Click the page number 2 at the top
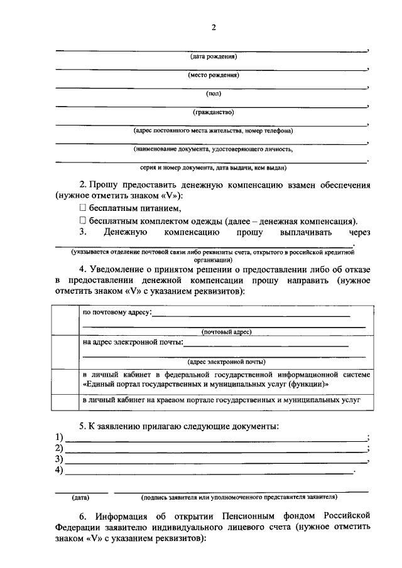click(213, 27)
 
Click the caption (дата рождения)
click(213, 56)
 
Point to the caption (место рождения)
click(213, 75)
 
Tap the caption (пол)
click(213, 94)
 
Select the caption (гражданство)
click(213, 112)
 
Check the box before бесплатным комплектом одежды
click(82, 221)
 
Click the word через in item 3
click(357, 233)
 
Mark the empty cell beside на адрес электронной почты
click(64, 351)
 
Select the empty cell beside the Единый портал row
click(64, 380)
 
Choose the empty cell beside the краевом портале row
click(64, 401)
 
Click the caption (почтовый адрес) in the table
click(226, 331)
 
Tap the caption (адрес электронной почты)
click(226, 362)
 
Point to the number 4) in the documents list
click(60, 469)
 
